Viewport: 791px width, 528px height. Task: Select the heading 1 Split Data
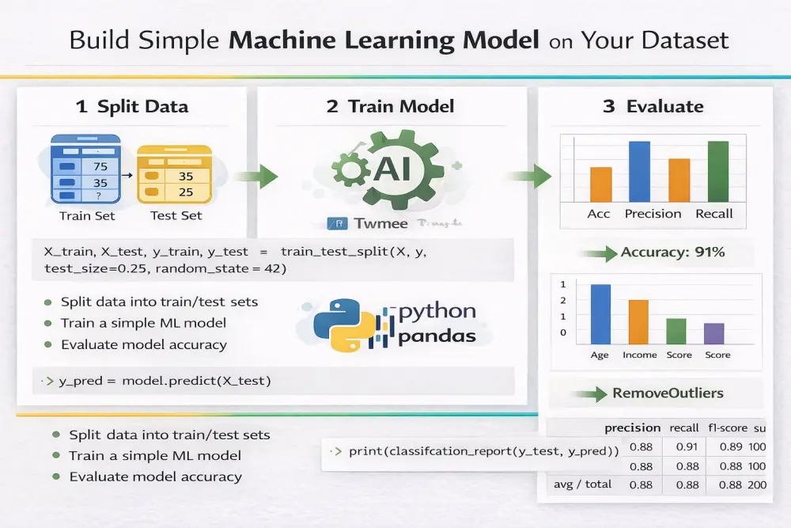[132, 107]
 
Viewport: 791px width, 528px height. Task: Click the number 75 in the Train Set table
[100, 167]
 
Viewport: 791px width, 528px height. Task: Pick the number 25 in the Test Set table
[186, 192]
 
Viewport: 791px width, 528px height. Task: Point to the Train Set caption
[87, 215]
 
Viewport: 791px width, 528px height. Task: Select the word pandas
[437, 336]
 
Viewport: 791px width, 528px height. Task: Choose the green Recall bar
[717, 171]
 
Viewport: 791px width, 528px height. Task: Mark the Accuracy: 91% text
[672, 253]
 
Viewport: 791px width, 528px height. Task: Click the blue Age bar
[600, 313]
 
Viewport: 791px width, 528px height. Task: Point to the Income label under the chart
[639, 355]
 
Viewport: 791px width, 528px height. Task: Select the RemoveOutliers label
[668, 393]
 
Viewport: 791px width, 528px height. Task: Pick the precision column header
[632, 428]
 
